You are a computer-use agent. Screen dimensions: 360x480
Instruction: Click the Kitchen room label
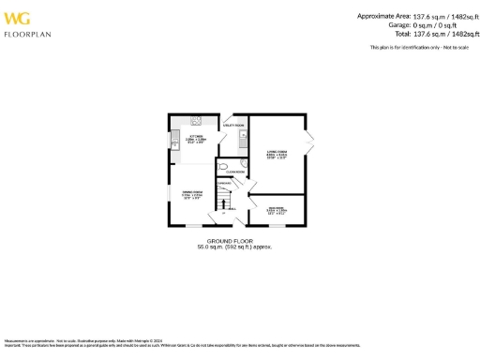coord(194,140)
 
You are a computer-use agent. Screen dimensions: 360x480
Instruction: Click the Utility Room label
coord(233,124)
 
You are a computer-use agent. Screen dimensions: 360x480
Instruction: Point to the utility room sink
coord(242,140)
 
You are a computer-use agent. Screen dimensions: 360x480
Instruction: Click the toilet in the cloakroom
coord(225,167)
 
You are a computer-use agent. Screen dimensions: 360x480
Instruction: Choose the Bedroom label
coord(277,210)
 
